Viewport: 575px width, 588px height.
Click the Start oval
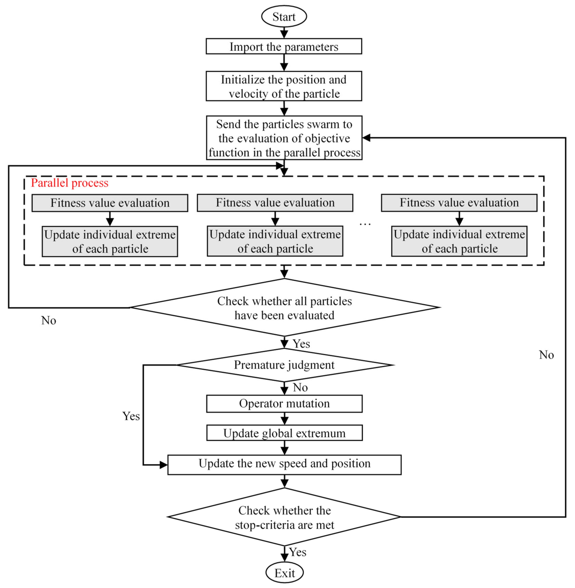pos(284,16)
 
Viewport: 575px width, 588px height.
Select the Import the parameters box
pos(284,46)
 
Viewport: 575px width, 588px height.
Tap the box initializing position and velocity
pos(284,86)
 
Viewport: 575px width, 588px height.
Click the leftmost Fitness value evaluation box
pos(110,203)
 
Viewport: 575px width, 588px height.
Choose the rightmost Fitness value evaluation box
pos(459,203)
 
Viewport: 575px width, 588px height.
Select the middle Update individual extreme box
pos(275,241)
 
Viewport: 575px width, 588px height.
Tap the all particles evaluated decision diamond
pos(284,308)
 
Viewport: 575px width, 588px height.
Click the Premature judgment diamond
pos(284,365)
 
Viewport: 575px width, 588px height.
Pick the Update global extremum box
pos(284,433)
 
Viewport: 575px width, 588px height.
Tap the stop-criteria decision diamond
pos(284,517)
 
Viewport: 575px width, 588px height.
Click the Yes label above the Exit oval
pos(298,552)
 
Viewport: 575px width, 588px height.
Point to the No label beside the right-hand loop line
pos(546,355)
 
